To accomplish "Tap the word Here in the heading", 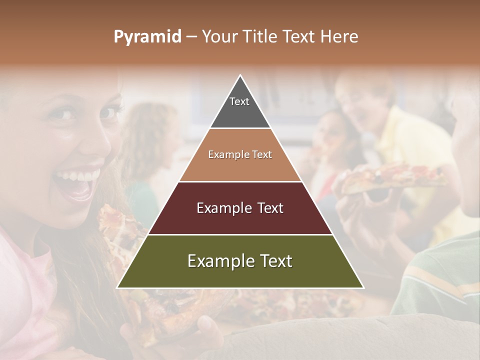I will (339, 37).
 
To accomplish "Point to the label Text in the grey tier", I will (239, 101).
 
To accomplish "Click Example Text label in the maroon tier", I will (240, 208).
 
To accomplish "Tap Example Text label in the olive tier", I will (240, 261).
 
